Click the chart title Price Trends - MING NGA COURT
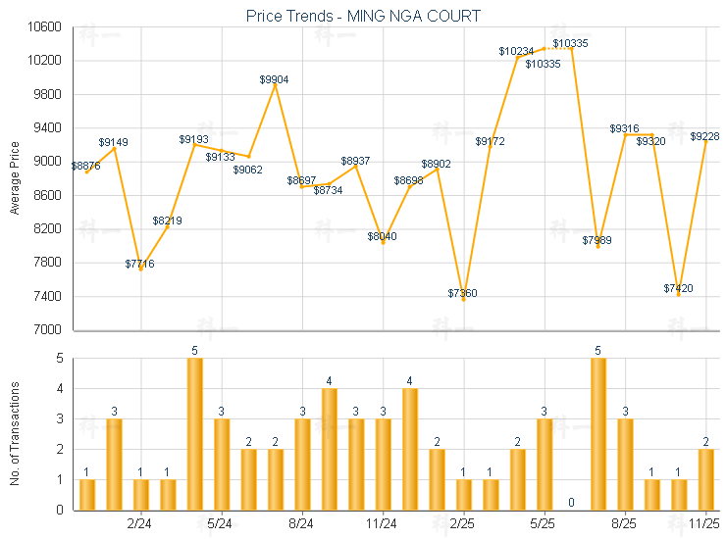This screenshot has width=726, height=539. tap(363, 16)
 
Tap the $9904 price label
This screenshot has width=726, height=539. tap(275, 79)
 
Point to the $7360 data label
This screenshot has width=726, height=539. tap(463, 293)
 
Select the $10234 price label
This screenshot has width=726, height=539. tap(516, 51)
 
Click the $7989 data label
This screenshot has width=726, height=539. tap(596, 240)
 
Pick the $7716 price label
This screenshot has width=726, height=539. tap(139, 264)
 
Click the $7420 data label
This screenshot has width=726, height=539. tap(678, 288)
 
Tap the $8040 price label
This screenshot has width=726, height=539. tap(383, 236)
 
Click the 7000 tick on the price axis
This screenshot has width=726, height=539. tap(46, 330)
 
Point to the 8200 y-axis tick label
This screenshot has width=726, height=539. tap(46, 229)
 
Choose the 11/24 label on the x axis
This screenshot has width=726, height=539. tap(383, 524)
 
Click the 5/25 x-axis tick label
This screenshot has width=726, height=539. tap(543, 524)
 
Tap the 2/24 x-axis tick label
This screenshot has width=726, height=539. tap(140, 524)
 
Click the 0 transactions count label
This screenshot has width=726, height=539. tap(570, 504)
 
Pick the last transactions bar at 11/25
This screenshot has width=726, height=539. tap(705, 479)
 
